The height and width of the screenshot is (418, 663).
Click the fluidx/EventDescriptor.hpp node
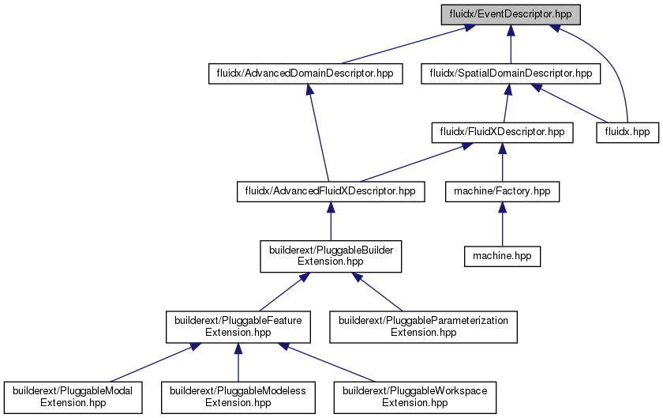(511, 14)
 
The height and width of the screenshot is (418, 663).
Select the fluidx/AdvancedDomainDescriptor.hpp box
(305, 73)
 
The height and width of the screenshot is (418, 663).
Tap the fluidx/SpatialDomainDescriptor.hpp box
(511, 73)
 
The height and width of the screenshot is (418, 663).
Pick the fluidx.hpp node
(627, 132)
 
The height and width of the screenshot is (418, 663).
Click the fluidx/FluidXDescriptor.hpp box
(502, 132)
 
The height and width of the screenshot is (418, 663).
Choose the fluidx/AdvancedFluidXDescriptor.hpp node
(331, 191)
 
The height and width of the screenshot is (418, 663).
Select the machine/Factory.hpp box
(502, 191)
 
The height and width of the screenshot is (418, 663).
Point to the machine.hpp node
(502, 256)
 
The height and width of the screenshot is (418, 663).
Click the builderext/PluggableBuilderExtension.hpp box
(331, 256)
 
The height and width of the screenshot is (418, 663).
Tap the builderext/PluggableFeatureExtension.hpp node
(238, 327)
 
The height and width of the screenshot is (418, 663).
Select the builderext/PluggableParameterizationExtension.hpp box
(423, 327)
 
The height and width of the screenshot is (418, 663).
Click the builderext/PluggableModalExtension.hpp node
(73, 397)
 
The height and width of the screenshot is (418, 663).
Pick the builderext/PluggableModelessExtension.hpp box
(238, 397)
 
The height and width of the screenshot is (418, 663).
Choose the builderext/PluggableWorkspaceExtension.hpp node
(415, 397)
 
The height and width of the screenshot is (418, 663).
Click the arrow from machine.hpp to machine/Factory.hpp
(502, 224)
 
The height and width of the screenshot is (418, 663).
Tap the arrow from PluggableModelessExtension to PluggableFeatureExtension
(238, 363)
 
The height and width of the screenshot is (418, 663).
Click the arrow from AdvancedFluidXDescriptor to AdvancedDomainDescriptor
(319, 133)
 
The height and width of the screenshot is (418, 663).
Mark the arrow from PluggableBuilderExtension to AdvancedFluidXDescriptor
(331, 221)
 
